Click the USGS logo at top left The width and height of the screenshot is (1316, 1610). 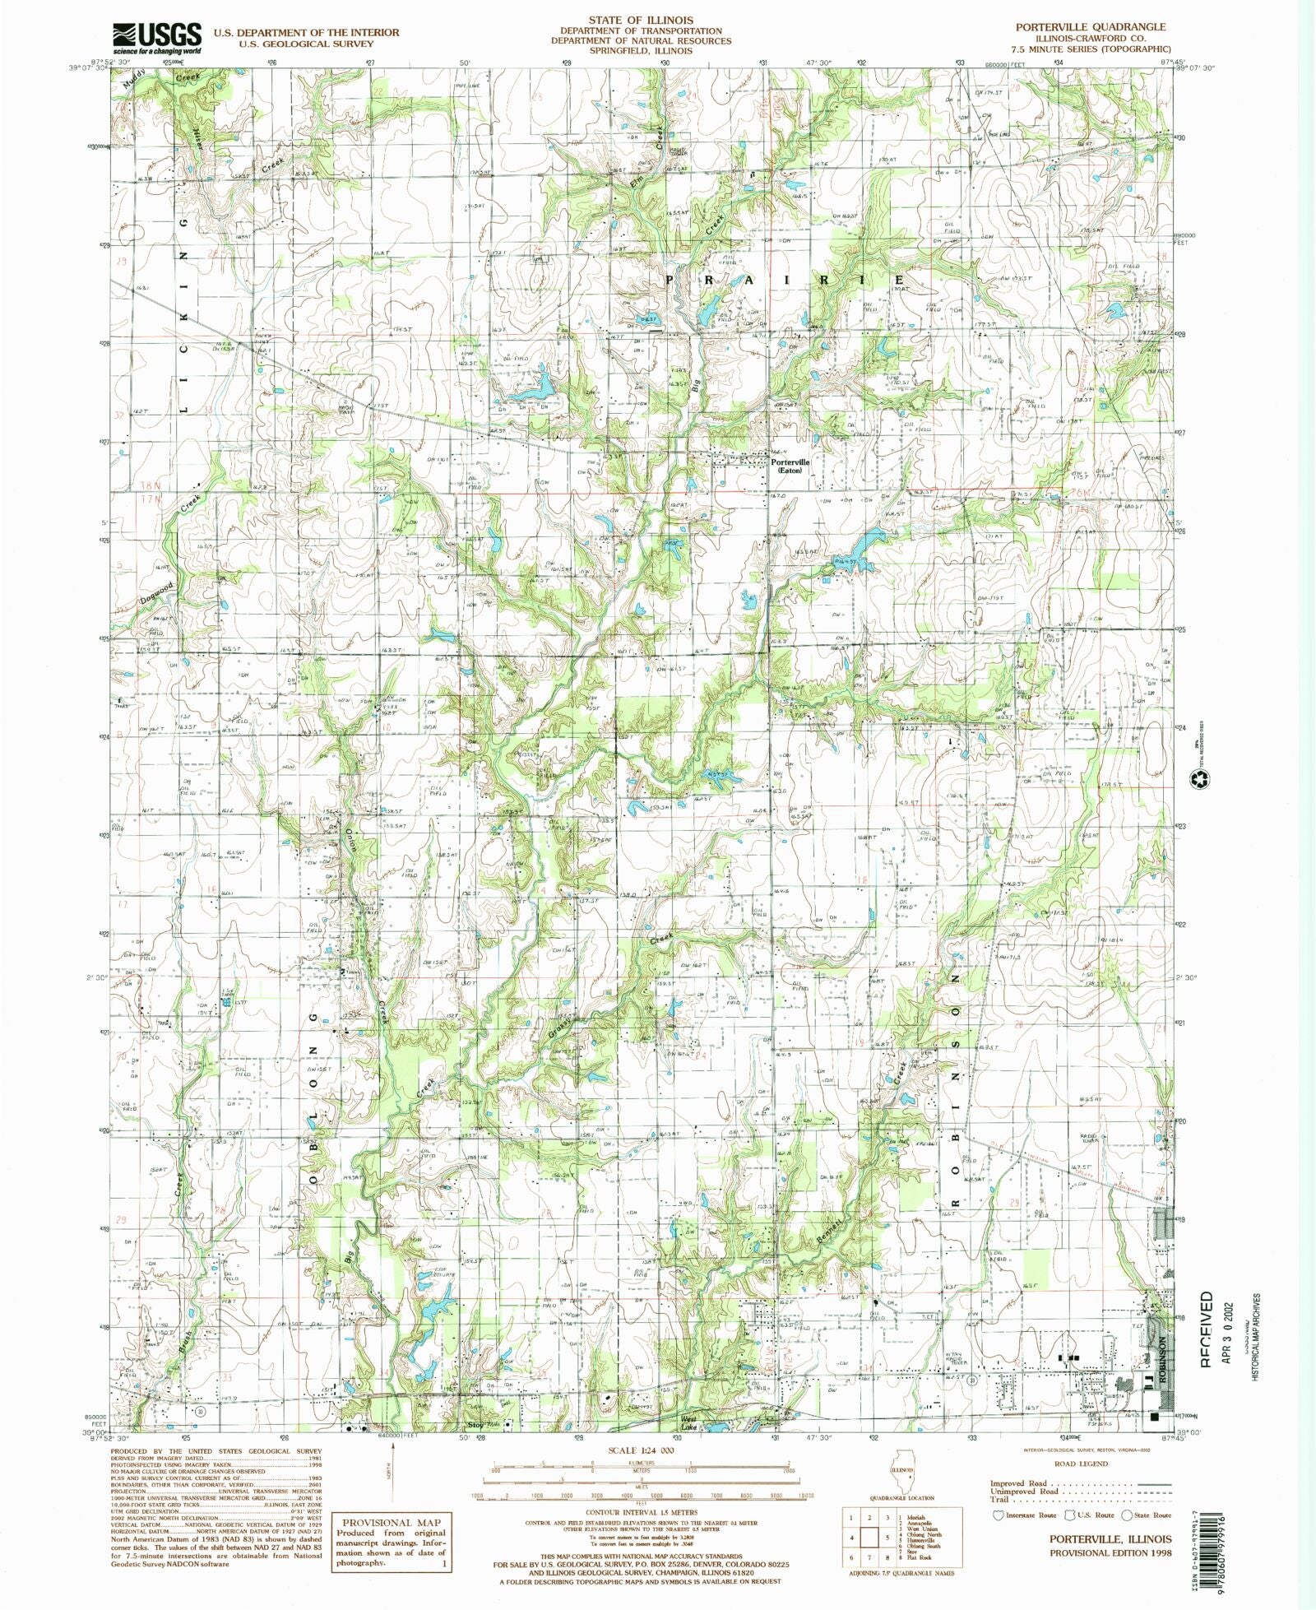click(x=156, y=38)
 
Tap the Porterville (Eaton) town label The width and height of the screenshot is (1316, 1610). click(x=790, y=466)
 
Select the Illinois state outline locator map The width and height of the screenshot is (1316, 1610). click(x=904, y=1478)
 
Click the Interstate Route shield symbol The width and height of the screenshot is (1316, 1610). click(x=999, y=1515)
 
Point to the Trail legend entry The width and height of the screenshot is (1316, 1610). click(x=999, y=1499)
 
